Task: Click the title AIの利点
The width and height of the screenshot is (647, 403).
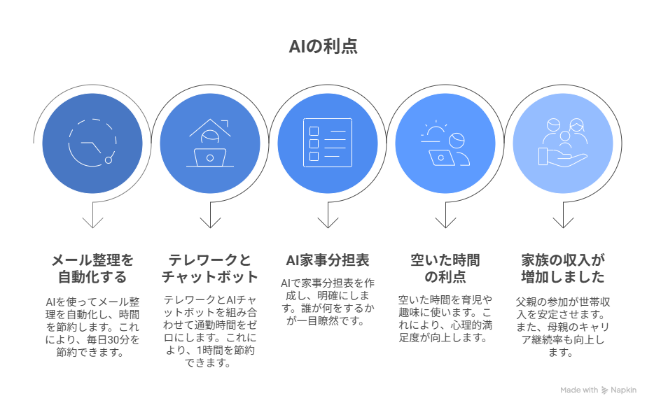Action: click(323, 46)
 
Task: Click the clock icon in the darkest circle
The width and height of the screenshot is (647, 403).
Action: click(92, 143)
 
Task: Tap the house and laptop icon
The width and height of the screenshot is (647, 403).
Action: click(209, 143)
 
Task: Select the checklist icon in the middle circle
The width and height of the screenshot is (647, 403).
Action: click(328, 143)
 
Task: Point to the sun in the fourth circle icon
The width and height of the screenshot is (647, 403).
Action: click(435, 129)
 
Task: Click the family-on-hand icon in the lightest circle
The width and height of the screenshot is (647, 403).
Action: click(563, 142)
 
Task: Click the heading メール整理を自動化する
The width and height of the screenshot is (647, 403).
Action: click(92, 269)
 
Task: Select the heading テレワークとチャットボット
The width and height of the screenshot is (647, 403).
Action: click(209, 269)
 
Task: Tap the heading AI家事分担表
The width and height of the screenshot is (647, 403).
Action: click(328, 260)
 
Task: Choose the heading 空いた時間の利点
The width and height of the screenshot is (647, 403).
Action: click(445, 269)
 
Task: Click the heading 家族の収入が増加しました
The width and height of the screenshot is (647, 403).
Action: click(563, 269)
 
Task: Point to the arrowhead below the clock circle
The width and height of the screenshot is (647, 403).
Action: click(92, 222)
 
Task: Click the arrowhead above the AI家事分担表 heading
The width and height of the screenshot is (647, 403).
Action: click(328, 222)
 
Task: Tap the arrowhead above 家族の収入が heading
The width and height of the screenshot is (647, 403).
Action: click(563, 222)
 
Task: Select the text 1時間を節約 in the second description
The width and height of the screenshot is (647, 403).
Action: click(225, 351)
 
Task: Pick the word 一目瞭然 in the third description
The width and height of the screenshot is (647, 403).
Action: click(318, 320)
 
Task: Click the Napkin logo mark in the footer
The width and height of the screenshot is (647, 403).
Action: click(604, 390)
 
